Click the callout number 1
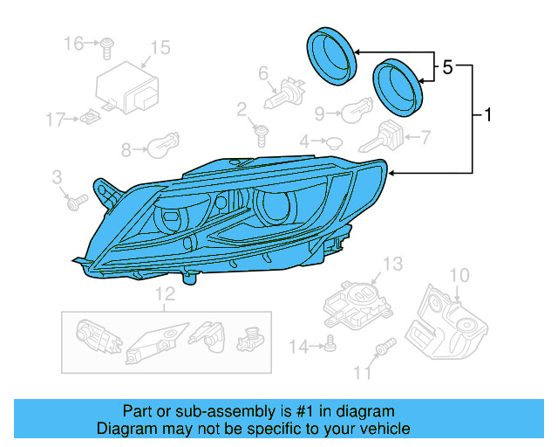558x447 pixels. (487, 114)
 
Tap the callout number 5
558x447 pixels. (447, 67)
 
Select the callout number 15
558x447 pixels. (160, 47)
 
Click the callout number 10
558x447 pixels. (459, 276)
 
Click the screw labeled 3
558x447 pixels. (74, 202)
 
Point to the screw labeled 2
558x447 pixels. (260, 134)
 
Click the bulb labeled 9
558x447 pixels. (355, 113)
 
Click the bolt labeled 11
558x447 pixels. (381, 352)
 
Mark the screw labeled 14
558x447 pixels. (330, 346)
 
